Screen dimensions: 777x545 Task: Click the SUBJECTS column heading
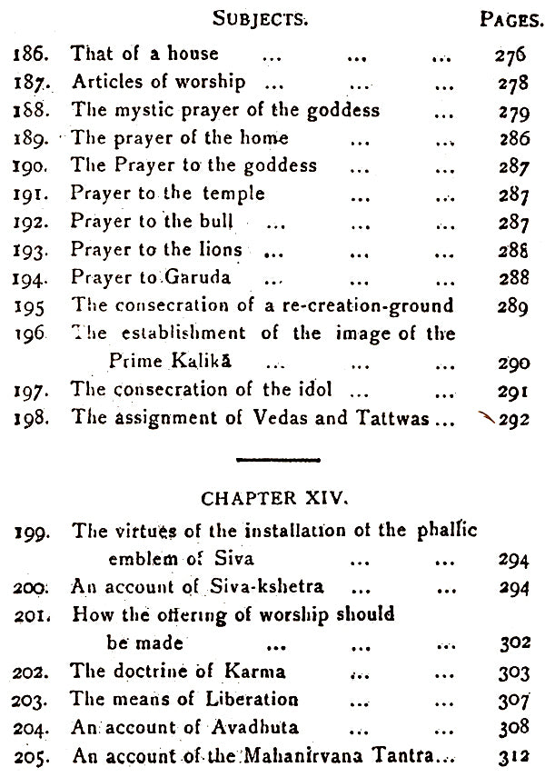249,18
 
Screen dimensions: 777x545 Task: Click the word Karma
258,672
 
